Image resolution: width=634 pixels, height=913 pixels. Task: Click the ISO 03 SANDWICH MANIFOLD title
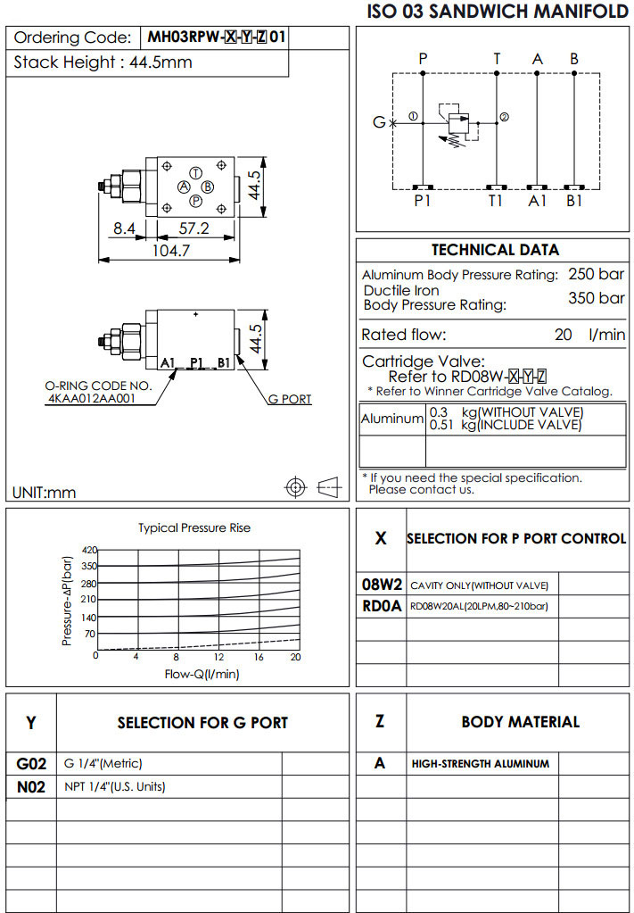click(x=498, y=12)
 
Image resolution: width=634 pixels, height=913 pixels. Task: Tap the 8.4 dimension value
click(x=124, y=228)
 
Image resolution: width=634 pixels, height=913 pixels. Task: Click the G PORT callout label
click(x=290, y=399)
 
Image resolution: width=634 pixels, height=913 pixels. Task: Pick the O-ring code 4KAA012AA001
click(x=92, y=399)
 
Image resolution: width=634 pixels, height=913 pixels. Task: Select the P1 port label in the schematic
click(x=423, y=202)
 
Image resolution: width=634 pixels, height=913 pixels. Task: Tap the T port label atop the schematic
click(x=497, y=59)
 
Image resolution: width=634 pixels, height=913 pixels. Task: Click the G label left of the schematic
click(x=379, y=122)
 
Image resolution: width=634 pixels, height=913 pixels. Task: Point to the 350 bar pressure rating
click(x=596, y=298)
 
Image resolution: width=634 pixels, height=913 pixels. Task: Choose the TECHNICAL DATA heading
click(x=495, y=250)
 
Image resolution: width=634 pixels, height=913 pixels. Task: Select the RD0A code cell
click(x=381, y=606)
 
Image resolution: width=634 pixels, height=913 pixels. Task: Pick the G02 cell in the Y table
click(x=31, y=764)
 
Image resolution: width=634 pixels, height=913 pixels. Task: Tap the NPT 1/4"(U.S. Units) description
click(x=115, y=786)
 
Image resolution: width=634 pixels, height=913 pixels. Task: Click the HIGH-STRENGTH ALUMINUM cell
click(x=481, y=764)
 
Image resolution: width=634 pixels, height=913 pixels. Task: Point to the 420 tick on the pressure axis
click(x=88, y=550)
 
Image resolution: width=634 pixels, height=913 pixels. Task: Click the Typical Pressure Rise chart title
click(x=194, y=527)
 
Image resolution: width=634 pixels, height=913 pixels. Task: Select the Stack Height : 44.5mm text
click(x=103, y=62)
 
